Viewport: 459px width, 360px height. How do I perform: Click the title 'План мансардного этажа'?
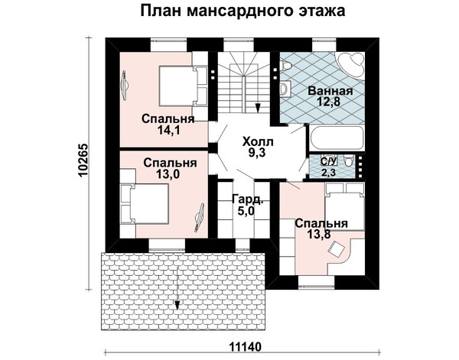[243, 11]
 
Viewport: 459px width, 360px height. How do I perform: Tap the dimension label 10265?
[83, 161]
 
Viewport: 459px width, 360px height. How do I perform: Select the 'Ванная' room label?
[330, 91]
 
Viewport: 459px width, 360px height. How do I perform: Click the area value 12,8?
[330, 102]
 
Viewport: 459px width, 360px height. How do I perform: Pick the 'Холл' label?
[258, 142]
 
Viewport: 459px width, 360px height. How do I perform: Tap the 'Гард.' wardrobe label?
[248, 199]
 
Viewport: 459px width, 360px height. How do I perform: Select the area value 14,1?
[168, 130]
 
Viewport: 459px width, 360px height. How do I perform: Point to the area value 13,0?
[168, 174]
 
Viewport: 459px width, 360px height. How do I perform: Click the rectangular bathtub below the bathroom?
[336, 138]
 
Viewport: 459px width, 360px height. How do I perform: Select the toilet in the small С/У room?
[348, 161]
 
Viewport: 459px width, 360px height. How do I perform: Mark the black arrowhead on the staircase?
[258, 108]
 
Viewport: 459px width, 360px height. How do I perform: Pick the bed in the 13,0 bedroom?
[145, 204]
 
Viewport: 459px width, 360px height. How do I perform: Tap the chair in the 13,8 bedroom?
[336, 249]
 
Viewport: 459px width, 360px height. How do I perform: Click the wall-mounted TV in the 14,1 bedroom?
[125, 86]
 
